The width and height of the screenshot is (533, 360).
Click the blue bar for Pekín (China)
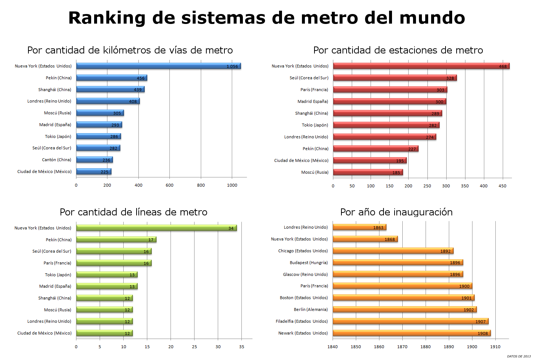pyautogui.click(x=111, y=78)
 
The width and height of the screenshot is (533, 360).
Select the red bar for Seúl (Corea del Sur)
pyautogui.click(x=395, y=78)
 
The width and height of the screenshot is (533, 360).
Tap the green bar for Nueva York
pyautogui.click(x=157, y=228)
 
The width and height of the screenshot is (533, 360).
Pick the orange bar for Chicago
pyautogui.click(x=393, y=250)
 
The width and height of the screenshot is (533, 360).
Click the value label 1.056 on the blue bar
pyautogui.click(x=232, y=66)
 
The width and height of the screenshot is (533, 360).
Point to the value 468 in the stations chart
pyautogui.click(x=503, y=66)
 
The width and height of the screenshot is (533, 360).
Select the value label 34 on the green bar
pyautogui.click(x=231, y=228)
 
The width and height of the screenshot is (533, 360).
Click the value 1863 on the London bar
pyautogui.click(x=378, y=228)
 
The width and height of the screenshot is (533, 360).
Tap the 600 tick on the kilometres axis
pyautogui.click(x=169, y=185)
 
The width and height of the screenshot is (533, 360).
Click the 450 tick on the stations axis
pyautogui.click(x=502, y=186)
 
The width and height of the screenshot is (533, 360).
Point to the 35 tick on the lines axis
pyautogui.click(x=241, y=347)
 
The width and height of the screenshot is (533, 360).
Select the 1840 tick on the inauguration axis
pyautogui.click(x=333, y=347)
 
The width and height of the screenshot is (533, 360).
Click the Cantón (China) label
pyautogui.click(x=56, y=160)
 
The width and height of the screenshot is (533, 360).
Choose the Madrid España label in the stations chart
pyautogui.click(x=313, y=101)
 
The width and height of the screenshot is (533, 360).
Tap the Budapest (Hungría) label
pyautogui.click(x=309, y=263)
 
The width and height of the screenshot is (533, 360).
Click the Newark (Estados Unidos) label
pyautogui.click(x=303, y=333)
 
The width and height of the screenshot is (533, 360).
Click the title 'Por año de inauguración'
pyautogui.click(x=396, y=212)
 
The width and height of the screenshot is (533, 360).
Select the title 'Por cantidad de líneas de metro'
pyautogui.click(x=134, y=212)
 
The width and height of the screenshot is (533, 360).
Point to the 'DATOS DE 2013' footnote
pyautogui.click(x=519, y=356)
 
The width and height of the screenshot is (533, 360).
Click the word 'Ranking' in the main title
pyautogui.click(x=107, y=18)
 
